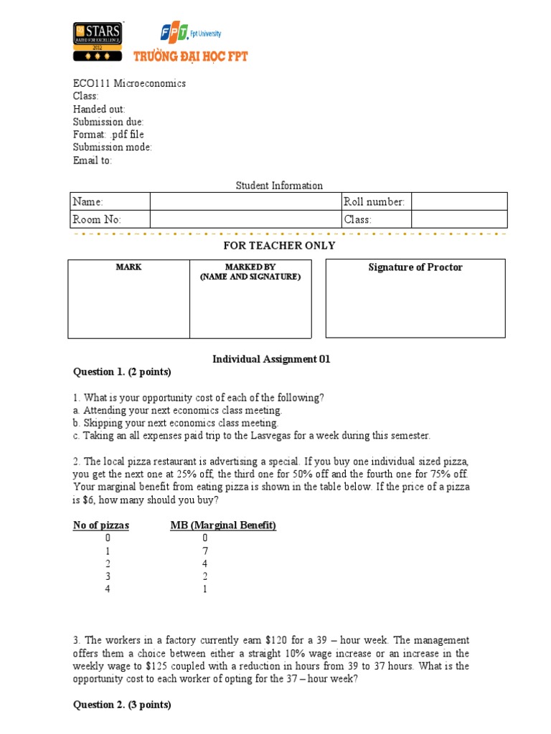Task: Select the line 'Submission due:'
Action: pyautogui.click(x=108, y=122)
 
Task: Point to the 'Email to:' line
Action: pyautogui.click(x=93, y=161)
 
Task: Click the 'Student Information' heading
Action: pyautogui.click(x=279, y=186)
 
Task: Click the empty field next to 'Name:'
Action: pyautogui.click(x=245, y=201)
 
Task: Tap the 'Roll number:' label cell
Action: pyautogui.click(x=375, y=202)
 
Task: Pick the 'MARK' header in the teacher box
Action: pyautogui.click(x=128, y=267)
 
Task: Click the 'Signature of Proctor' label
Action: pyautogui.click(x=415, y=267)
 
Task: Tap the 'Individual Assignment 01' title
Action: pyautogui.click(x=271, y=360)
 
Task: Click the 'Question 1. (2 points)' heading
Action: pyautogui.click(x=122, y=372)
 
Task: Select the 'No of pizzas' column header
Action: pyautogui.click(x=101, y=525)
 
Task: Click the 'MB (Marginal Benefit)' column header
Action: pyautogui.click(x=223, y=525)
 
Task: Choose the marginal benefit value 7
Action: pyautogui.click(x=204, y=551)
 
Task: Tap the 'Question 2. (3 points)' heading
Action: pyautogui.click(x=122, y=705)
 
